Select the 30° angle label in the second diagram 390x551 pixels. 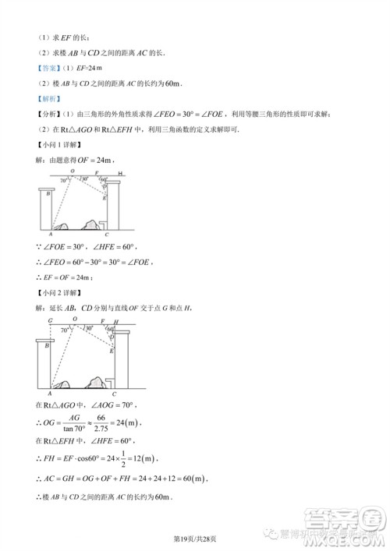[90, 328]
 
